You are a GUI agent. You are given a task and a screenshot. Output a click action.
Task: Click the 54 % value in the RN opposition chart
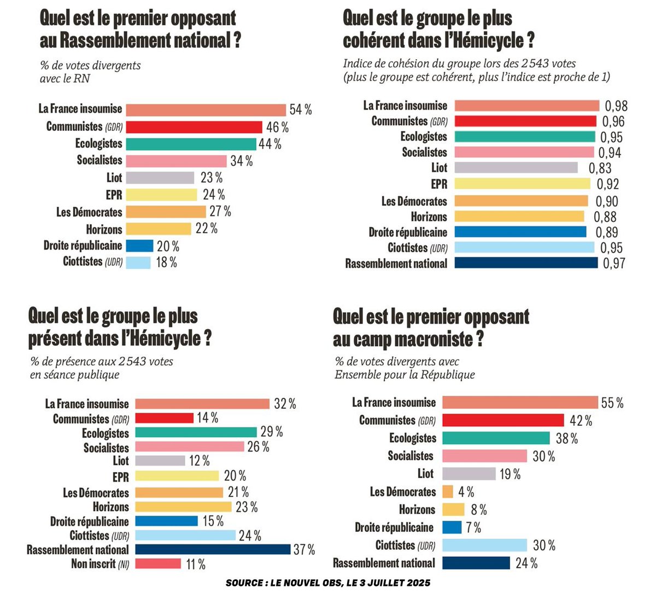click(301, 110)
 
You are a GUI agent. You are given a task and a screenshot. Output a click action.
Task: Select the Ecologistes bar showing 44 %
click(191, 144)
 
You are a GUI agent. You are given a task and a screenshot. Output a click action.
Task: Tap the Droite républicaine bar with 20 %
click(139, 245)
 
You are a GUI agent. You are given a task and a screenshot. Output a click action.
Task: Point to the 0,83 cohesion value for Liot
click(600, 168)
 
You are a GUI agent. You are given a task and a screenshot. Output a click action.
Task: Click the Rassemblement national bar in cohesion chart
click(526, 263)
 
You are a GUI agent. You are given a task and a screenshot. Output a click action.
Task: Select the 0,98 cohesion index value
click(615, 106)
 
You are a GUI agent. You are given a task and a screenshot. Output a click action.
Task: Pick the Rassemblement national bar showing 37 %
click(213, 549)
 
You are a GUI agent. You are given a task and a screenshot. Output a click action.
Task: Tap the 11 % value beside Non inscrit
click(196, 564)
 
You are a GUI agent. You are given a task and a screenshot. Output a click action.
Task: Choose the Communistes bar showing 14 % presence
click(164, 418)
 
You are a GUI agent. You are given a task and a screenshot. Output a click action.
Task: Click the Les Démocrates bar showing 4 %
click(447, 491)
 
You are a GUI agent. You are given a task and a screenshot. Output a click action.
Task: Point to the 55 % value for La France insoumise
click(612, 403)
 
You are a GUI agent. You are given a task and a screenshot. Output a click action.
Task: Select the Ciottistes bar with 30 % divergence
click(484, 545)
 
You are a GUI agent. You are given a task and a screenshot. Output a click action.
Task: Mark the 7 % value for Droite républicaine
click(473, 527)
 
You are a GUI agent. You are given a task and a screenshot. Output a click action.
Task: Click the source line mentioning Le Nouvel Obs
click(328, 583)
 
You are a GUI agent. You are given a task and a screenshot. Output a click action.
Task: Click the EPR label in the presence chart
click(121, 477)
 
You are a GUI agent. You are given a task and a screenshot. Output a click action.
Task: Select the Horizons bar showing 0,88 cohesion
click(519, 216)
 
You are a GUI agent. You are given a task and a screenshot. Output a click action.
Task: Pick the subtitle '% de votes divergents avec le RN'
click(90, 72)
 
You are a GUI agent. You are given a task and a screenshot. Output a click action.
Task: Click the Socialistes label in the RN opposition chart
click(99, 160)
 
